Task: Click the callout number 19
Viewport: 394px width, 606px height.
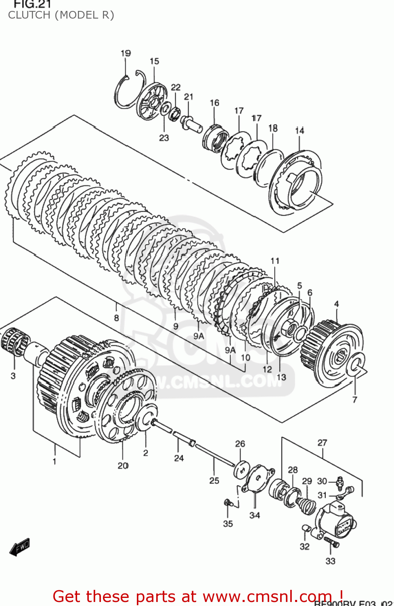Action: point(126,53)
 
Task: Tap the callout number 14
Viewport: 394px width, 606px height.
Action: point(300,130)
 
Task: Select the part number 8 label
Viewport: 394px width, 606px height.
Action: point(116,318)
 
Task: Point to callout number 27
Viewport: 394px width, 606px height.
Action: point(322,443)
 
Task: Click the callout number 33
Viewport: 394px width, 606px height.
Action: point(330,561)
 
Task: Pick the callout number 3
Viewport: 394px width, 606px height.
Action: point(13,376)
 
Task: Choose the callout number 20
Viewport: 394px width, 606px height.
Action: point(123,466)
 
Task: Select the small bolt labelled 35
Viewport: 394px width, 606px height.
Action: point(227,503)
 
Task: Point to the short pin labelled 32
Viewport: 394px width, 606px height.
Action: point(306,528)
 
